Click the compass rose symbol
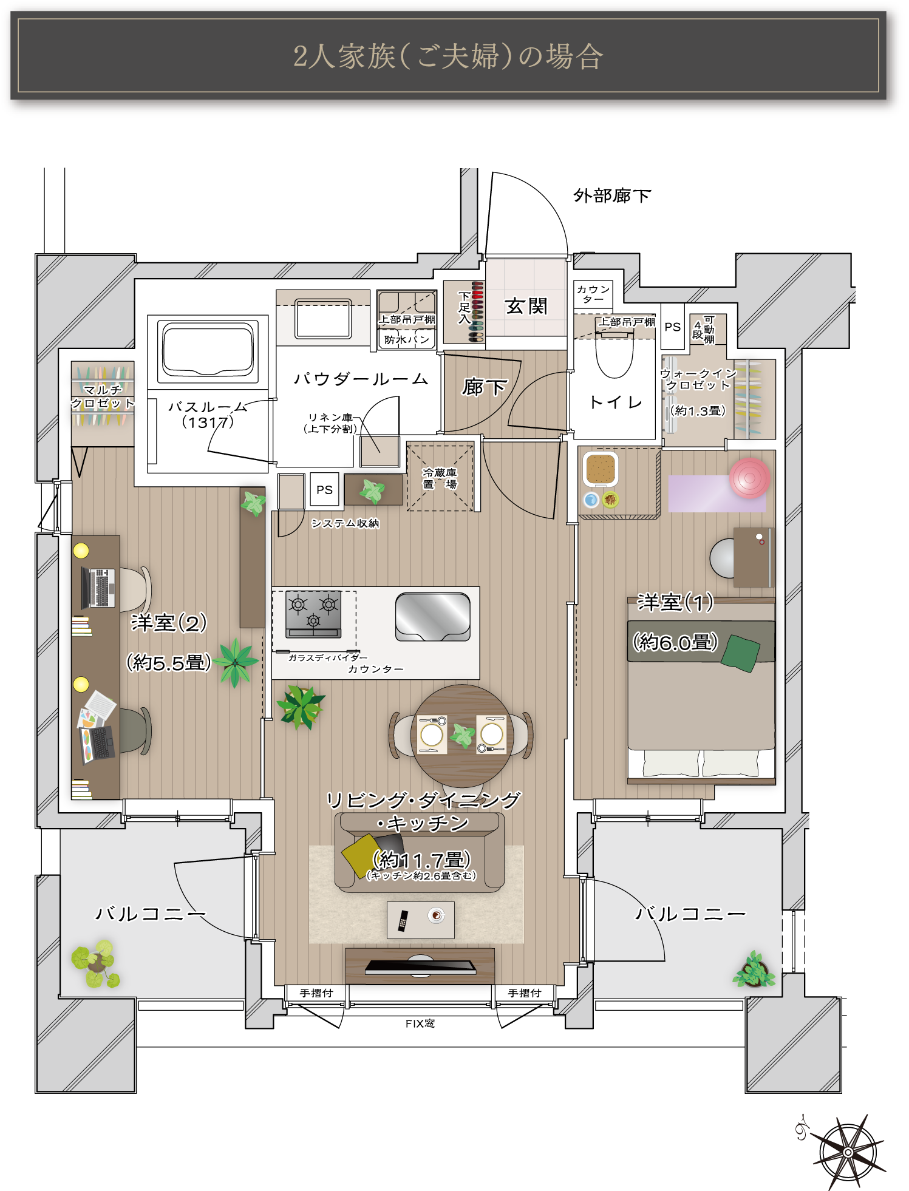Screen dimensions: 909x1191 coord(848,1152)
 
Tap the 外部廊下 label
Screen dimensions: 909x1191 coord(612,195)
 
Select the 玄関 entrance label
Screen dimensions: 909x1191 coord(526,306)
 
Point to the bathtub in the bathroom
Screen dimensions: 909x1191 coord(208,349)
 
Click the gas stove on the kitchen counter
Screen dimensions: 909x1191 coord(313,614)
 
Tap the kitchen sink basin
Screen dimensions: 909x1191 coord(432,617)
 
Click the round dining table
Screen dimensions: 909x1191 coord(462,736)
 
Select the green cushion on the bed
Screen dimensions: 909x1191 coord(741,653)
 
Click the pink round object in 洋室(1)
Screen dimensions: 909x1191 coord(750,478)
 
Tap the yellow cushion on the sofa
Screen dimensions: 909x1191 coord(363,855)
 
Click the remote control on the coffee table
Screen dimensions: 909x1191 coord(403,921)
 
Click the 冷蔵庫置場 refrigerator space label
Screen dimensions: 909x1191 coord(440,478)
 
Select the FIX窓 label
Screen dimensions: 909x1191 coord(420,1023)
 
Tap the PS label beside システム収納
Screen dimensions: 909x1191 coord(324,489)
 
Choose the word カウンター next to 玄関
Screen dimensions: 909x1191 coord(593,294)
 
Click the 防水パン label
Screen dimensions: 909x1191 coord(406,340)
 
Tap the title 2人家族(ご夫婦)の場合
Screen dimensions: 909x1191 coord(448,56)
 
